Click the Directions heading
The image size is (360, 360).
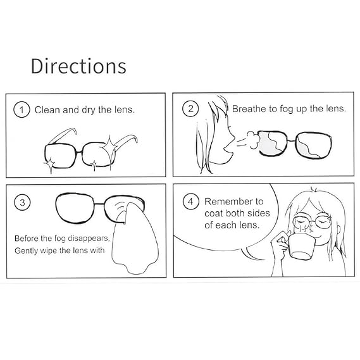pyautogui.click(x=78, y=66)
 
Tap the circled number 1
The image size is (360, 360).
pyautogui.click(x=22, y=109)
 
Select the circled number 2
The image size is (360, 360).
pyautogui.click(x=190, y=109)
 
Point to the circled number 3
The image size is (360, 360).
pyautogui.click(x=22, y=202)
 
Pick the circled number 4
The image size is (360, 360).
pyautogui.click(x=191, y=202)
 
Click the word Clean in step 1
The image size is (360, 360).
pyautogui.click(x=47, y=110)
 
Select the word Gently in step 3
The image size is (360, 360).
pyautogui.click(x=27, y=251)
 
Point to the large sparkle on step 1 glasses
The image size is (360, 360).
pyautogui.click(x=109, y=147)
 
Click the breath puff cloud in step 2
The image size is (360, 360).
pyautogui.click(x=253, y=140)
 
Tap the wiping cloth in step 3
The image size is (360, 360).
pyautogui.click(x=135, y=239)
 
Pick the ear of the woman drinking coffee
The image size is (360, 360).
pyautogui.click(x=338, y=231)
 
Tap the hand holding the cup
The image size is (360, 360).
pyautogui.click(x=280, y=245)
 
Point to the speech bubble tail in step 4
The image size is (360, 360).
pyautogui.click(x=252, y=254)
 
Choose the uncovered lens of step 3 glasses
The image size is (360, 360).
pyautogui.click(x=75, y=208)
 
